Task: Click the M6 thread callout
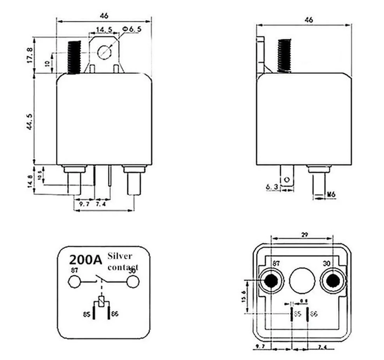[331, 194]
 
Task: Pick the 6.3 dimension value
[271, 187]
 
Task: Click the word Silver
[120, 256]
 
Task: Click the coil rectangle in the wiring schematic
[102, 301]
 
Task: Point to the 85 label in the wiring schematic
[87, 313]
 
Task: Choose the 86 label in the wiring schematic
[115, 313]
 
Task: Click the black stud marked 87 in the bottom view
[271, 280]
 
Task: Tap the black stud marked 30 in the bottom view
[332, 280]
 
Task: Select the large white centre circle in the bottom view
[301, 280]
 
